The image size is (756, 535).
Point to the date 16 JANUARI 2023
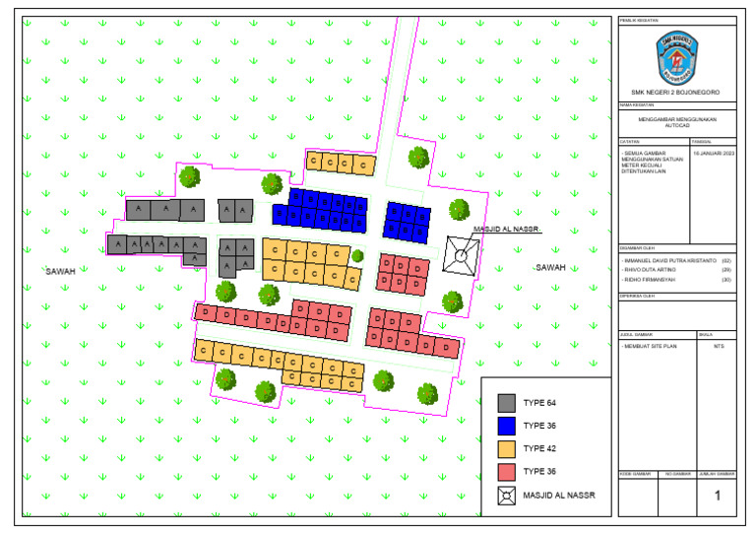713,154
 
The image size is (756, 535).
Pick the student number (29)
726,270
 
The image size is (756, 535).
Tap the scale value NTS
718,346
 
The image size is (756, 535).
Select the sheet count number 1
717,496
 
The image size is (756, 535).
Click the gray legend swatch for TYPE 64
507,402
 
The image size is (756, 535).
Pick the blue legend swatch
507,426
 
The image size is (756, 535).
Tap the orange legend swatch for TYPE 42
507,448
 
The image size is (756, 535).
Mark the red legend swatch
507,471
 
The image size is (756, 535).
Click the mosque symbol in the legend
507,495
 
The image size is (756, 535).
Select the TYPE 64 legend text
539,403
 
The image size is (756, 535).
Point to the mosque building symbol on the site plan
459,254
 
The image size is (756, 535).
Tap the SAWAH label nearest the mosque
550,267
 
